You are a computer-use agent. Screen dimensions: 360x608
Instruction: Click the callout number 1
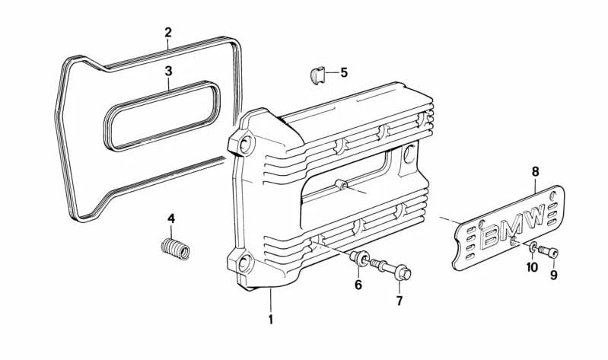270,320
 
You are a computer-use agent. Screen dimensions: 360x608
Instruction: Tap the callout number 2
168,33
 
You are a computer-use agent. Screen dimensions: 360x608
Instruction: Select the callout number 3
169,72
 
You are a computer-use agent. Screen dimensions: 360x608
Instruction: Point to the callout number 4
171,219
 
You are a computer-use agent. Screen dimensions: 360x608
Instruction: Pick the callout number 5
344,73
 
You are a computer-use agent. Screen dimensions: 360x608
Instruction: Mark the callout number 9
554,276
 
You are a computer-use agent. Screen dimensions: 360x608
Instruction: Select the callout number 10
532,267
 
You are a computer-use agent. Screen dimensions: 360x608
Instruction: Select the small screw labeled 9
549,252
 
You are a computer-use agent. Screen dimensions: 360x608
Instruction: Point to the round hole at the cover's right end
411,155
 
